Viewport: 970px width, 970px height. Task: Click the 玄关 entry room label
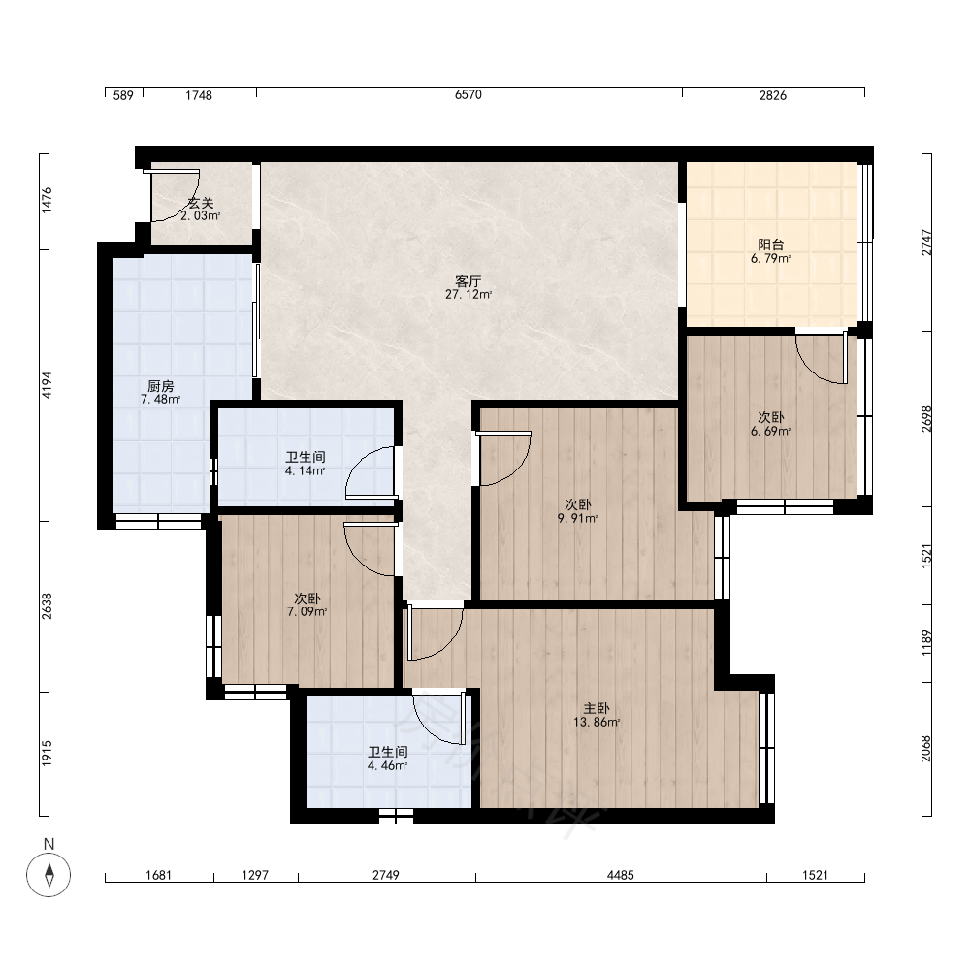(x=201, y=203)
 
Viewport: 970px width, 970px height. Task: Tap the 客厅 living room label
(x=469, y=281)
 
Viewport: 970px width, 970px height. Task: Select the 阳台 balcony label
(x=771, y=245)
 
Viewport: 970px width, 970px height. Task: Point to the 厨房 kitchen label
(x=161, y=387)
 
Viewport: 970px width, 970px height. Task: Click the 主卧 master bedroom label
(x=597, y=709)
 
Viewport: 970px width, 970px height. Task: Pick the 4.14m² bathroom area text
(x=305, y=470)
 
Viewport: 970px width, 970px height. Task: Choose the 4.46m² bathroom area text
(x=387, y=766)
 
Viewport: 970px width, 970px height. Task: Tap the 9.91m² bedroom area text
(x=577, y=518)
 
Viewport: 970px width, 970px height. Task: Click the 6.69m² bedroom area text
(x=771, y=432)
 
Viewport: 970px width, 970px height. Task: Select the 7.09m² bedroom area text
(x=307, y=612)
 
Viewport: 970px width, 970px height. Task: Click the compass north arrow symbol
(x=48, y=875)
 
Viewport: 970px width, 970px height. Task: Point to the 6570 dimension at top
(x=469, y=95)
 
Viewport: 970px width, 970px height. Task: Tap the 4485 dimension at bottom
(x=621, y=875)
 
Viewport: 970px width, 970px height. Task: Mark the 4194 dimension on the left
(x=47, y=385)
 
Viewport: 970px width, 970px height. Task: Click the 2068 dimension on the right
(x=925, y=749)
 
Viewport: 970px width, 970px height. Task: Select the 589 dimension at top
(x=124, y=95)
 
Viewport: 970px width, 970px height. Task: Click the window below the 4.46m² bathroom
(x=396, y=816)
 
